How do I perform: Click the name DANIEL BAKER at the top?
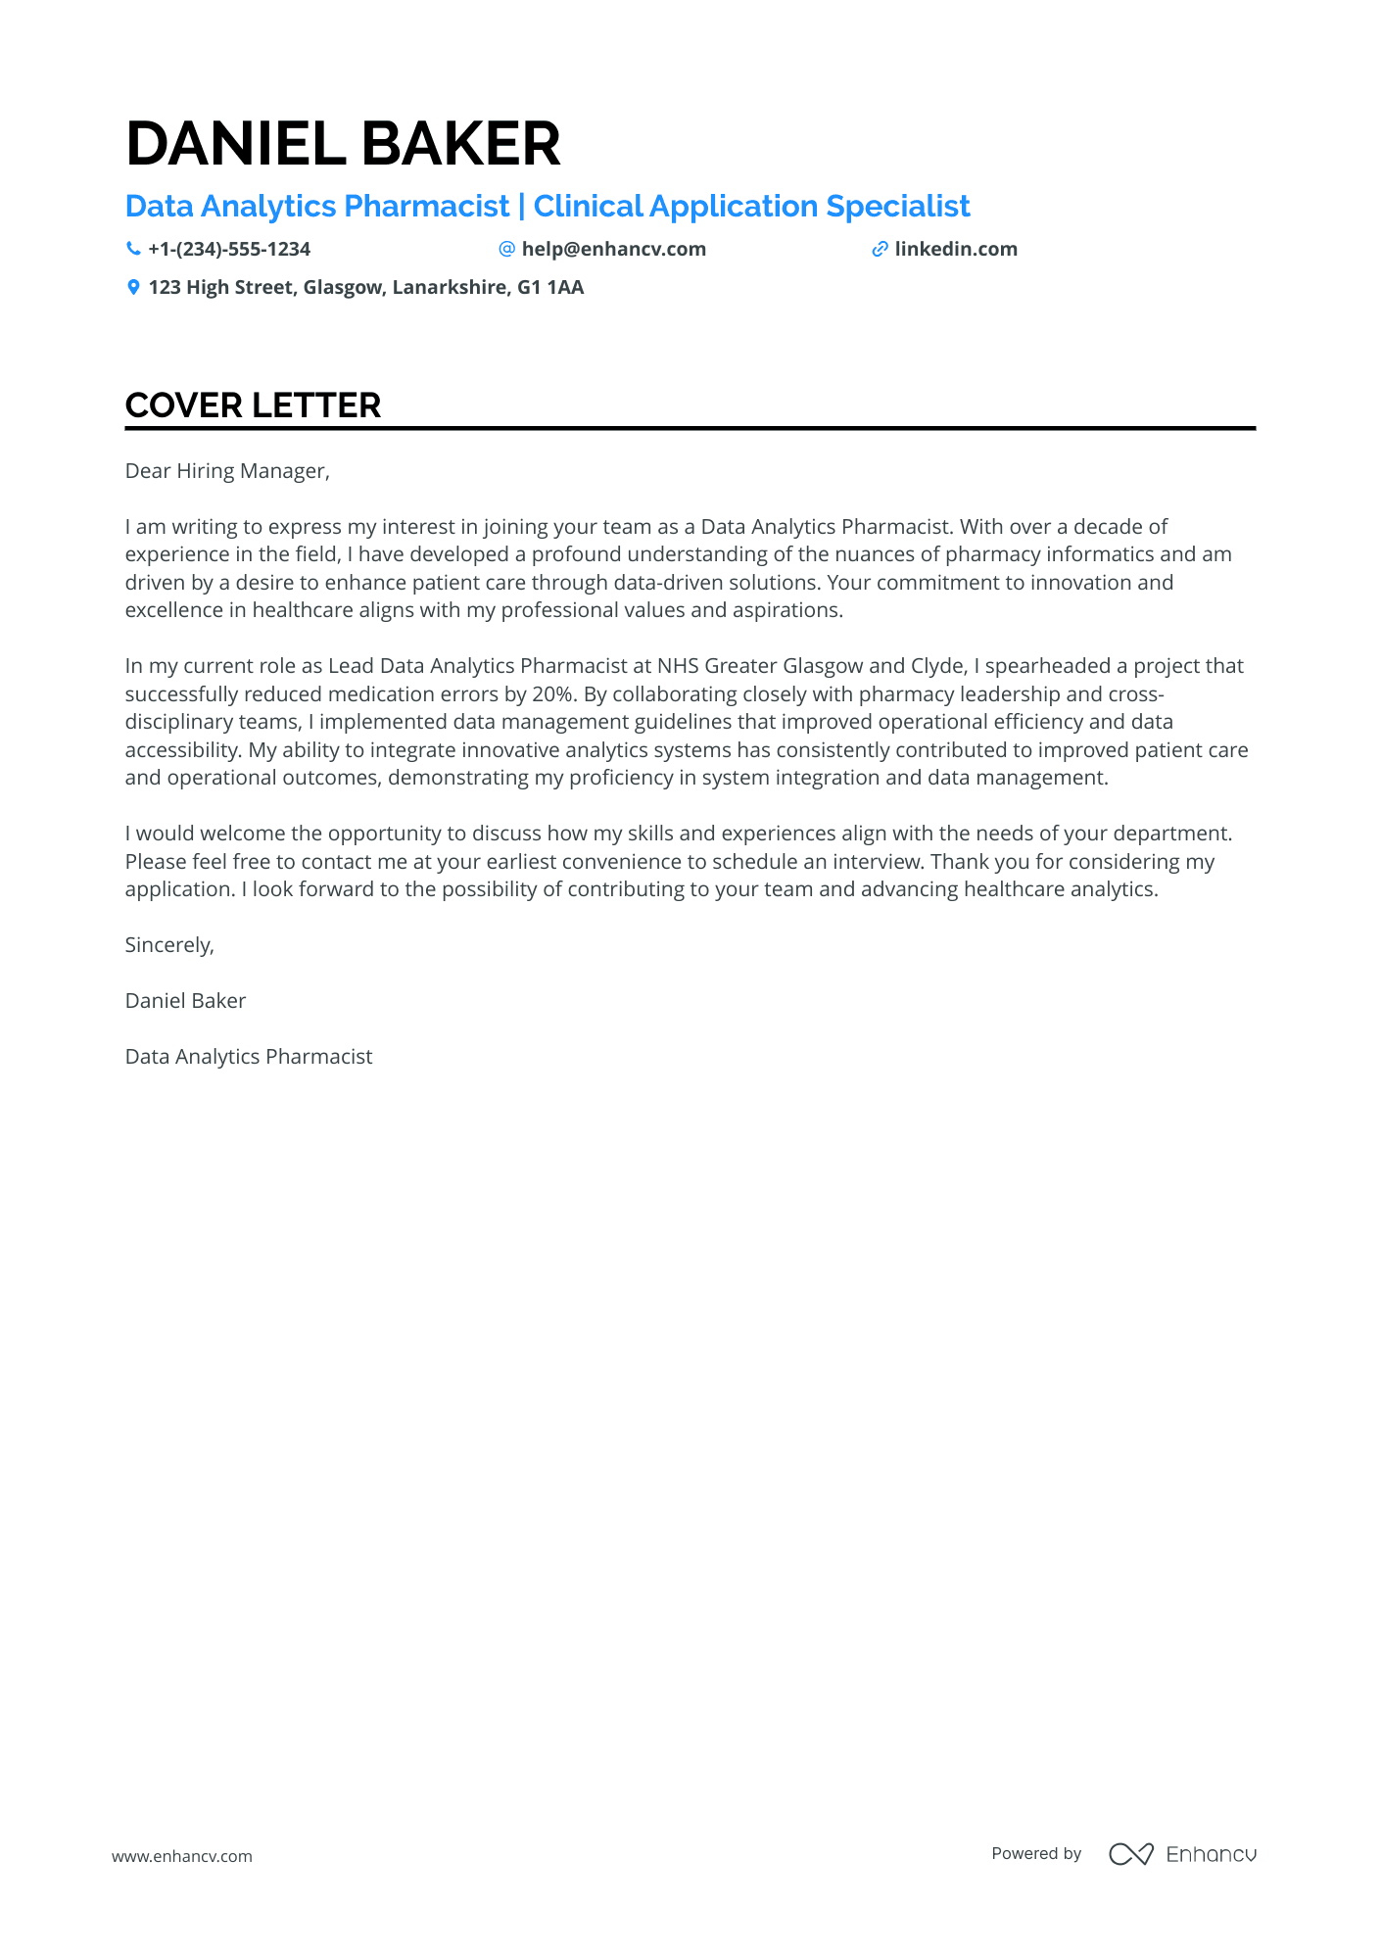coord(343,144)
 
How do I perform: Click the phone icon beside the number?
coord(133,249)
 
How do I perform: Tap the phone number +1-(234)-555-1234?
coord(229,249)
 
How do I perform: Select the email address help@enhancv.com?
coord(613,249)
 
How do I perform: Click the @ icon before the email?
coord(506,249)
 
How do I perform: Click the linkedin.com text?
coord(956,249)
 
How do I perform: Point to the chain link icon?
coord(880,249)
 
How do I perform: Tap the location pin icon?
coord(133,287)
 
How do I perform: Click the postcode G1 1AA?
coord(550,287)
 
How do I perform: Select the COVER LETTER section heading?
coord(253,405)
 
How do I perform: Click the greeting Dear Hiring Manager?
coord(227,471)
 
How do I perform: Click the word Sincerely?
coord(168,945)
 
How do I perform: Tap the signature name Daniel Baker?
coord(185,1001)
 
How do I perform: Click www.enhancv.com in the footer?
coord(181,1856)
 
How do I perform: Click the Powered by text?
coord(1036,1853)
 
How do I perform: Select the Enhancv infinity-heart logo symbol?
coord(1130,1854)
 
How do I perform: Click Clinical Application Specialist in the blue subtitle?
coord(751,207)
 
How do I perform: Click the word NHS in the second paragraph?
coord(678,666)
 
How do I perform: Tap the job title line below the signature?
coord(249,1057)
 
